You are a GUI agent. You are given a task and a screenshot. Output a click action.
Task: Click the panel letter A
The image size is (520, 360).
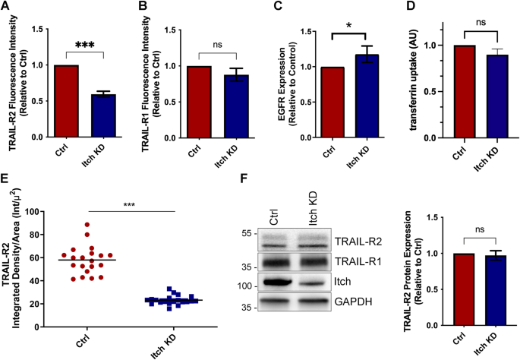[6, 8]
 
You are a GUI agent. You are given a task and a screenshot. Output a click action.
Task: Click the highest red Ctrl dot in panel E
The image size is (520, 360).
[65, 225]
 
